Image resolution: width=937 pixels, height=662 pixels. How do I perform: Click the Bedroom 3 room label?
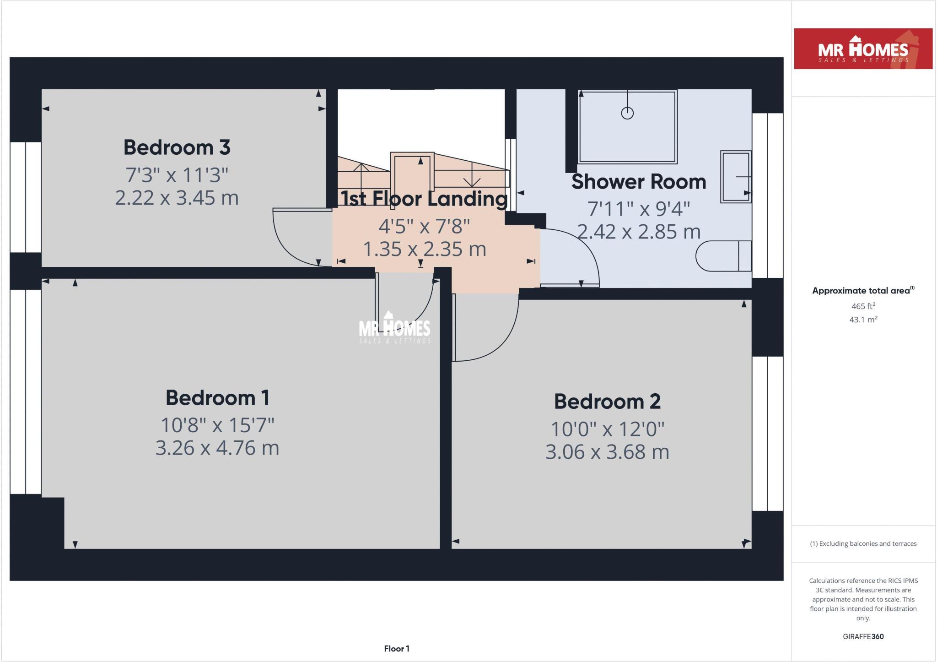pyautogui.click(x=177, y=147)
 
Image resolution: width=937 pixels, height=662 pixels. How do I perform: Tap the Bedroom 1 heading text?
pyautogui.click(x=217, y=397)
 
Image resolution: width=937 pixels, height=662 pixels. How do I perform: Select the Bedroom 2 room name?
pyautogui.click(x=607, y=402)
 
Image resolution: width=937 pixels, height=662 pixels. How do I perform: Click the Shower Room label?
pyautogui.click(x=638, y=182)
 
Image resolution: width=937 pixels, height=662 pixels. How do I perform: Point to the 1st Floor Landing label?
pyautogui.click(x=424, y=199)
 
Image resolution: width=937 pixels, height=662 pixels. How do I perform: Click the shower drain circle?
pyautogui.click(x=627, y=113)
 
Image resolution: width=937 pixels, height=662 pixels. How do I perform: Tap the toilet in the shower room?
pyautogui.click(x=723, y=256)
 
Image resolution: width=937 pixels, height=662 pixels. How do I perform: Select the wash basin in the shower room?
pyautogui.click(x=735, y=176)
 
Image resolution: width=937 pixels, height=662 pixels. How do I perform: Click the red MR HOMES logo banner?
pyautogui.click(x=863, y=49)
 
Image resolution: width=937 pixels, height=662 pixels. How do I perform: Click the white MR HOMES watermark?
pyautogui.click(x=394, y=328)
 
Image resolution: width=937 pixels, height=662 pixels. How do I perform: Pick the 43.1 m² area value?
pyautogui.click(x=863, y=320)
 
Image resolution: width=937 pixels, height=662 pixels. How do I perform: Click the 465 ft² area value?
pyautogui.click(x=863, y=306)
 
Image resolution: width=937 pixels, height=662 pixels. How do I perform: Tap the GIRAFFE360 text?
pyautogui.click(x=863, y=636)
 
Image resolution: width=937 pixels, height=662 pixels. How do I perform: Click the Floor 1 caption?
pyautogui.click(x=396, y=649)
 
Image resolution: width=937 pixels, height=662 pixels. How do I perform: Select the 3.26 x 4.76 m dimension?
pyautogui.click(x=217, y=448)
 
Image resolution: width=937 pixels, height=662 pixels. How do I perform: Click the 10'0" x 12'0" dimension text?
pyautogui.click(x=607, y=429)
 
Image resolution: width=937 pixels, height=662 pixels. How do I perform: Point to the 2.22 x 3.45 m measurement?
pyautogui.click(x=177, y=198)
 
